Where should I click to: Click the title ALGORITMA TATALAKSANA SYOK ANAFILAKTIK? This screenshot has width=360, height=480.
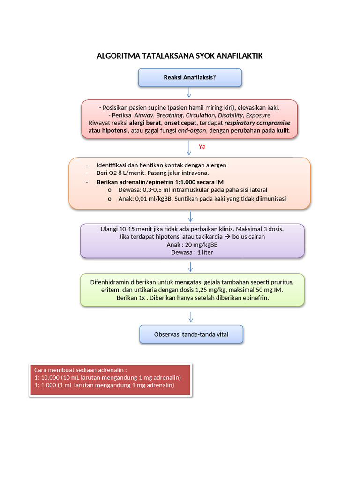(x=180, y=56)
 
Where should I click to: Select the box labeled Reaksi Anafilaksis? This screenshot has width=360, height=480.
(x=190, y=77)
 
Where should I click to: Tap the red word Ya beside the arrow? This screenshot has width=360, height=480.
(x=202, y=147)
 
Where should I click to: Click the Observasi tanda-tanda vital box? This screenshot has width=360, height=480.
(x=191, y=334)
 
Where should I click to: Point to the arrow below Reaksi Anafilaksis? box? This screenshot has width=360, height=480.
(x=189, y=92)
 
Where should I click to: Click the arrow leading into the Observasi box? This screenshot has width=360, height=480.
(x=191, y=317)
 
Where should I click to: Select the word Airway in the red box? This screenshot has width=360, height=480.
(x=143, y=115)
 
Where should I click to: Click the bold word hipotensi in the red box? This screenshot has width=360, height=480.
(x=115, y=130)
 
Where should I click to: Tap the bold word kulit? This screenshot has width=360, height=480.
(x=283, y=130)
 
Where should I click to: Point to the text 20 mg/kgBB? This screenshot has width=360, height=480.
(x=201, y=245)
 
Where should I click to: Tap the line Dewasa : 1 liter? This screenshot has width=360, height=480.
(x=192, y=252)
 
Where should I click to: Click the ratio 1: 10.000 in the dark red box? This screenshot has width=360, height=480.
(x=47, y=377)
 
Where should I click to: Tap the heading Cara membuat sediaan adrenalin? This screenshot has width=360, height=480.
(x=80, y=370)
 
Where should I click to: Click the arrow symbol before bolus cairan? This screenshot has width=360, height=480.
(x=227, y=237)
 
